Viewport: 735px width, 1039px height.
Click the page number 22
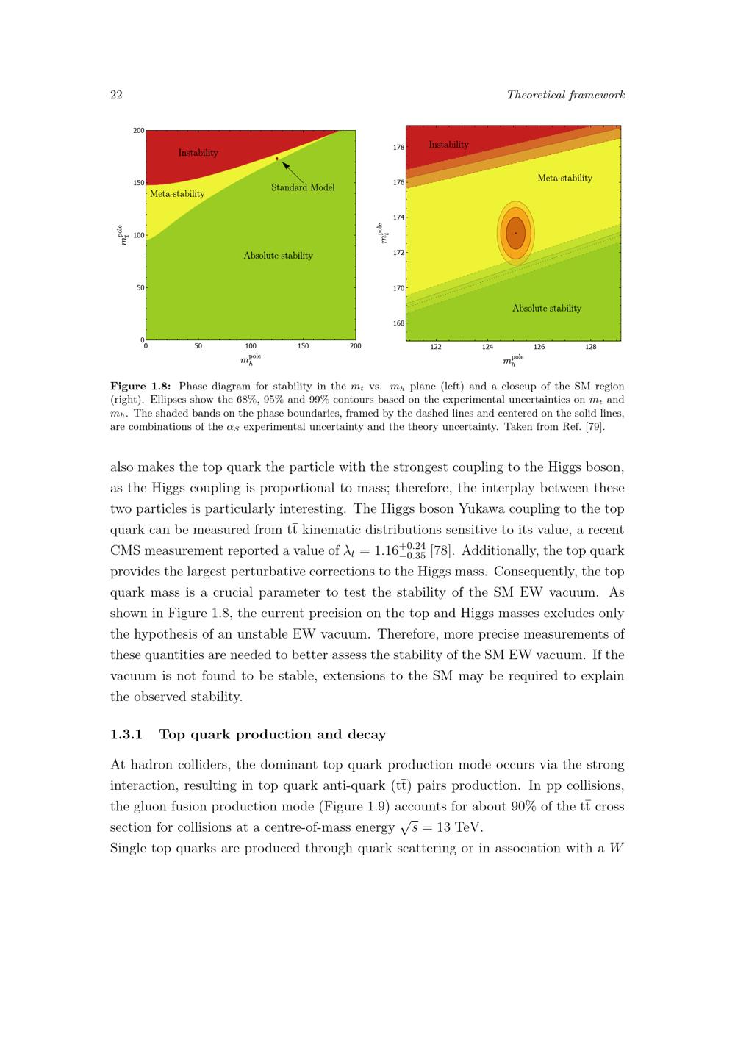click(x=116, y=95)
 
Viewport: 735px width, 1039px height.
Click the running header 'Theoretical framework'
click(x=565, y=95)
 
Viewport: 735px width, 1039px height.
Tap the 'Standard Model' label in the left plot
click(x=303, y=187)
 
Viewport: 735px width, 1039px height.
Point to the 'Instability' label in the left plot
click(x=198, y=153)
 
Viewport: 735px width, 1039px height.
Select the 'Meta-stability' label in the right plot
click(x=564, y=178)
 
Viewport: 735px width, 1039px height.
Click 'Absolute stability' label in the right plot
click(x=546, y=309)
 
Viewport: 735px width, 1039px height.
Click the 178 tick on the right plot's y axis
click(x=398, y=147)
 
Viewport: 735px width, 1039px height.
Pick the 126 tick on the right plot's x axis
click(x=539, y=347)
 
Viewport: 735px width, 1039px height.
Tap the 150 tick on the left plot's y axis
click(x=138, y=183)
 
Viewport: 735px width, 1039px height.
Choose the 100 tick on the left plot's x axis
click(x=251, y=345)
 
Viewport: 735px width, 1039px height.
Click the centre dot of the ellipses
click(x=515, y=233)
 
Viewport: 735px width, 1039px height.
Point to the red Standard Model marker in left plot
click(x=277, y=158)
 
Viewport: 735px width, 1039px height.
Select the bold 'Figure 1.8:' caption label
click(x=140, y=387)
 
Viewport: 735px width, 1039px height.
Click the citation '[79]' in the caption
click(x=595, y=428)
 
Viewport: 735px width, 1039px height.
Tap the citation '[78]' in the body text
click(x=442, y=550)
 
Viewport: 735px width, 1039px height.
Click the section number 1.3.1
click(x=126, y=734)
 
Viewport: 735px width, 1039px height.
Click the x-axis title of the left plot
click(x=250, y=360)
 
